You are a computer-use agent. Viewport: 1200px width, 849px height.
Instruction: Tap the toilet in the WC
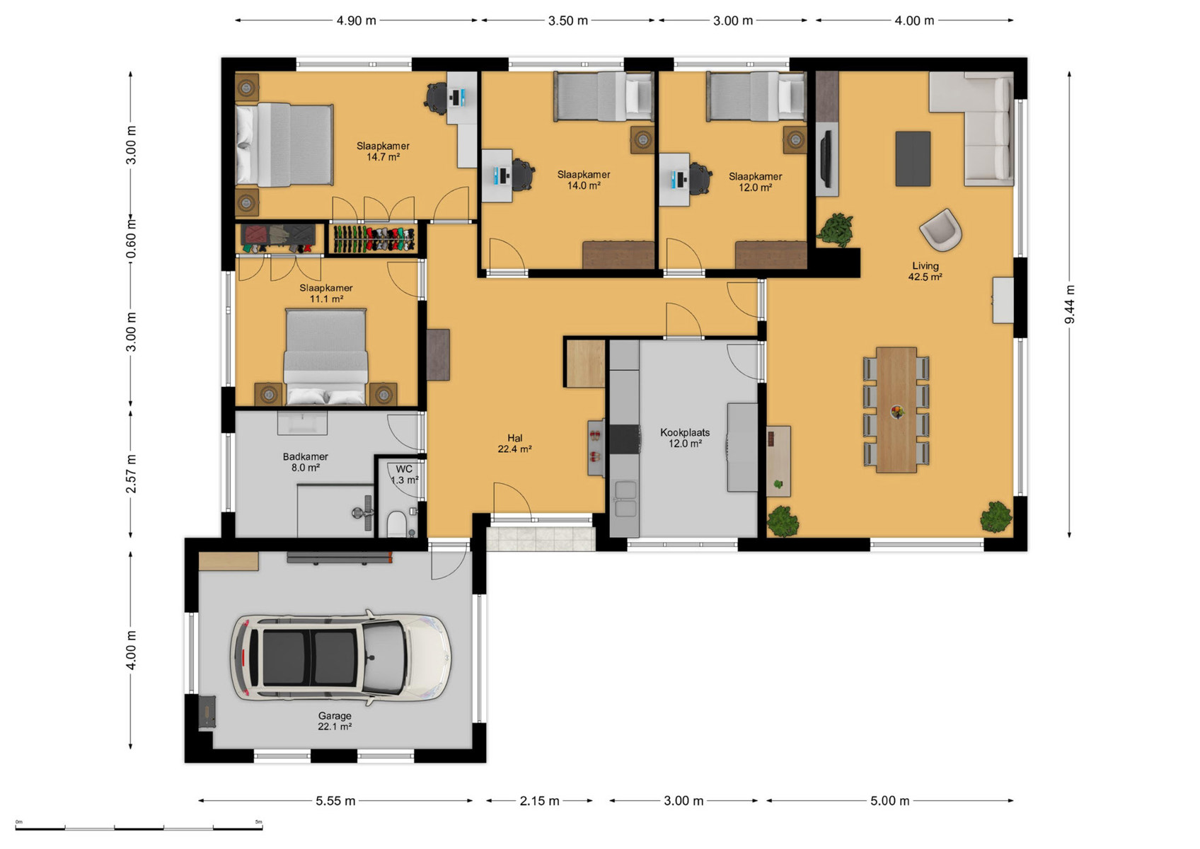click(x=396, y=524)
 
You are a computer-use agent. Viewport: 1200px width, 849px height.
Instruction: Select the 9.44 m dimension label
click(x=1070, y=304)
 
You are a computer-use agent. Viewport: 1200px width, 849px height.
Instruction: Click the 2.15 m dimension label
click(x=539, y=801)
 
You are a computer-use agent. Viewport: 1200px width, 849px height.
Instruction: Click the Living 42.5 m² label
click(x=925, y=271)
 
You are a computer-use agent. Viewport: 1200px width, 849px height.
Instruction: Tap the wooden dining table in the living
click(x=896, y=410)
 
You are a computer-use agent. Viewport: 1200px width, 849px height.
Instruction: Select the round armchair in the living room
click(x=940, y=230)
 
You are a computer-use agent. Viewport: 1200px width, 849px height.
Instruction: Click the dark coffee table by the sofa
click(x=913, y=158)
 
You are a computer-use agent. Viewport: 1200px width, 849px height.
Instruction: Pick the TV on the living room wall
click(x=826, y=159)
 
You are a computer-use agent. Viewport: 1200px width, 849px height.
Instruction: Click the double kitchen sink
click(x=625, y=499)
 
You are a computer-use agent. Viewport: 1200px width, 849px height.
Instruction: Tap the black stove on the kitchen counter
click(x=624, y=439)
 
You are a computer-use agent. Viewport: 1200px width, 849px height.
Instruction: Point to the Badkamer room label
click(x=306, y=462)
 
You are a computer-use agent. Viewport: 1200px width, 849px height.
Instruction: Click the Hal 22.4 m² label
click(x=514, y=444)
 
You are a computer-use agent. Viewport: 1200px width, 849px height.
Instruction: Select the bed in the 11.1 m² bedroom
click(x=325, y=356)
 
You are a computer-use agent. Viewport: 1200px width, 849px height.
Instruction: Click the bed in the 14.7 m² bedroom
click(x=284, y=145)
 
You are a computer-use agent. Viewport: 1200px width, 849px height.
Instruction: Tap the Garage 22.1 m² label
click(x=335, y=721)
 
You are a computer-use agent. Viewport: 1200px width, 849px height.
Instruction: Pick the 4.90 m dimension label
click(x=357, y=21)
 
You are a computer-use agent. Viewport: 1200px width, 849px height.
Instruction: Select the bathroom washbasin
click(x=302, y=422)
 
